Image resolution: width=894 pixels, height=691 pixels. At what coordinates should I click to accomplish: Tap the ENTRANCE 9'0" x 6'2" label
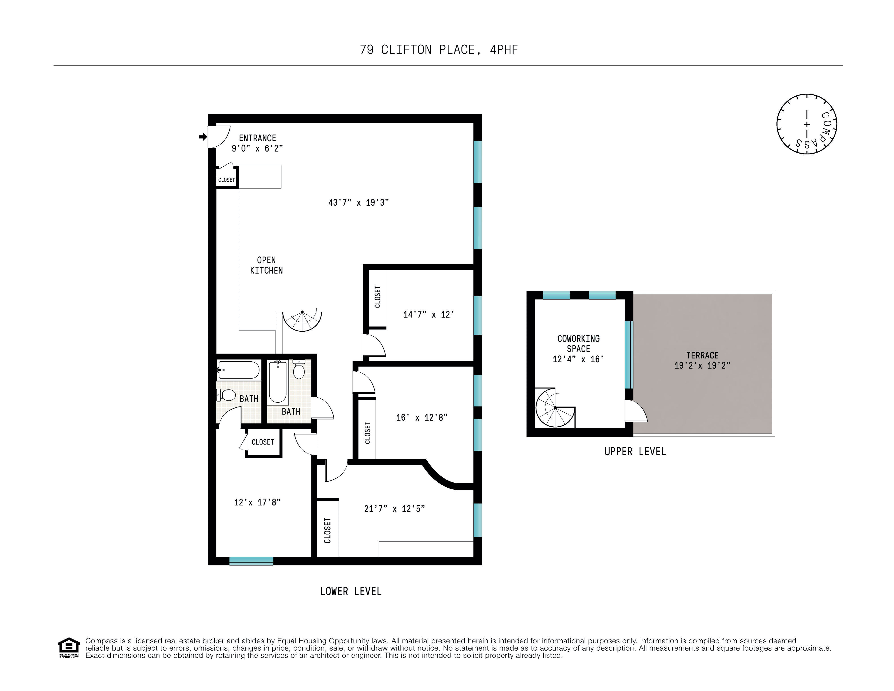coord(257,143)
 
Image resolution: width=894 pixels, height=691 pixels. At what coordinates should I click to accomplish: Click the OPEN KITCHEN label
coord(267,265)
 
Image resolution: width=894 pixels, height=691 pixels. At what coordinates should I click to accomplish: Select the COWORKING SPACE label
coord(578,349)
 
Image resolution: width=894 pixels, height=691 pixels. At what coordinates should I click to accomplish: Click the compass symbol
coord(806,124)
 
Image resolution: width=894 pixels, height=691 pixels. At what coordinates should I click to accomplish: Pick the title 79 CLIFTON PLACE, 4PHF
coord(439,50)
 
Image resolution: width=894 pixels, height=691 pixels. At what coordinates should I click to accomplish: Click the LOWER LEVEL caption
coord(351,591)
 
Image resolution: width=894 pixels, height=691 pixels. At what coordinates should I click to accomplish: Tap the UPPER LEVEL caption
coord(635,452)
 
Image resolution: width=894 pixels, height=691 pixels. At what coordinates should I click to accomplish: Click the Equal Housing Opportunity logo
coord(69,648)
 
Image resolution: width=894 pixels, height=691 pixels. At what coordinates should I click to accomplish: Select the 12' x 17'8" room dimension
coord(257,502)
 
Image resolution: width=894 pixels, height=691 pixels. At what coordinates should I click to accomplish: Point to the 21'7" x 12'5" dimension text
coord(394,509)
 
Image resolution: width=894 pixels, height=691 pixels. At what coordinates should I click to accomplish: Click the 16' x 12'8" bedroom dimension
coord(422,417)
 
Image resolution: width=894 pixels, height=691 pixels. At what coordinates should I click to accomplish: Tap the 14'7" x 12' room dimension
coord(429,314)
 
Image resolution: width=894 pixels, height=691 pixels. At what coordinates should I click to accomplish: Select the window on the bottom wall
coord(251,561)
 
